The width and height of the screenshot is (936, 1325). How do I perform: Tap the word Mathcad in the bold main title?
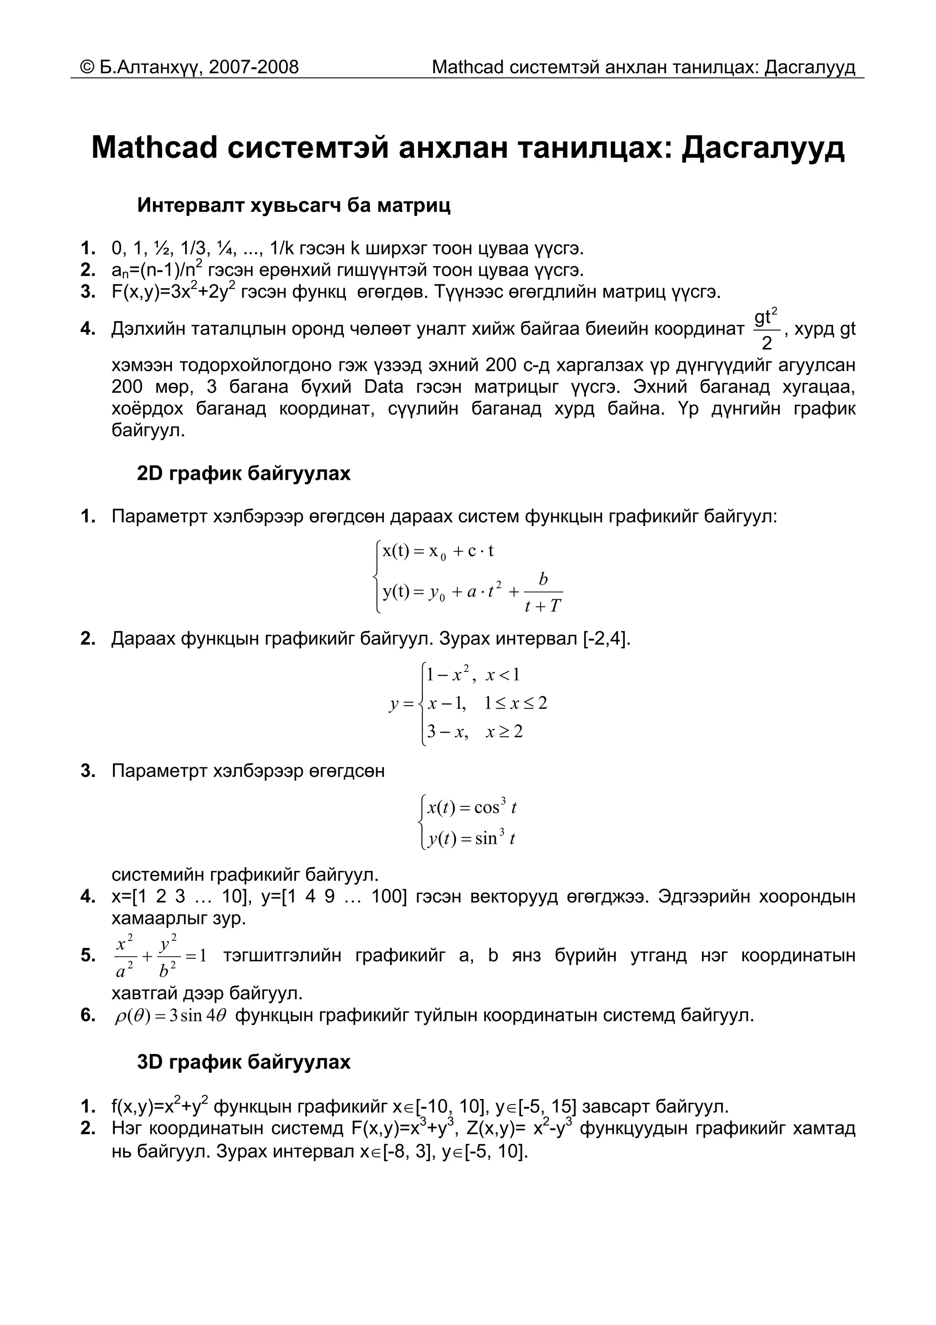tap(154, 148)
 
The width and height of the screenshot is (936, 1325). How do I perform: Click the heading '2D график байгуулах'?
tap(244, 473)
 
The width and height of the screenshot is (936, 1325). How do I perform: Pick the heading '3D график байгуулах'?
tap(244, 1062)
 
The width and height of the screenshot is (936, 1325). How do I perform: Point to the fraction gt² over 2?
tap(766, 329)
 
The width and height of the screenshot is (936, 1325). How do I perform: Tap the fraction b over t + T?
tap(542, 592)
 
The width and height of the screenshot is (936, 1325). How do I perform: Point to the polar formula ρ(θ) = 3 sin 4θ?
tap(171, 1014)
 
